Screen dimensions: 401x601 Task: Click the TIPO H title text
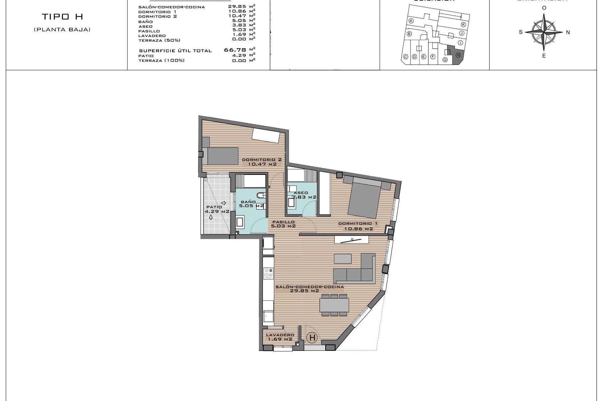coord(63,17)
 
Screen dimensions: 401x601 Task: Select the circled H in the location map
coord(458,55)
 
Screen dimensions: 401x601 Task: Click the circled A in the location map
coord(411,21)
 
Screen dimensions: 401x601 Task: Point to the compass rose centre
coord(544,32)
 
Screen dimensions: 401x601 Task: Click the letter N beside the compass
coord(568,32)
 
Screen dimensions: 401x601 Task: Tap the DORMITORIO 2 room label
coord(262,162)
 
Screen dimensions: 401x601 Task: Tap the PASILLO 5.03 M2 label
coord(283,224)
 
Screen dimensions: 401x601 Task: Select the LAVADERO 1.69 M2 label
coord(280,337)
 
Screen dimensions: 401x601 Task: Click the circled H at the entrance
coord(312,338)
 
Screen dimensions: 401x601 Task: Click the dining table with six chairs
coord(334,305)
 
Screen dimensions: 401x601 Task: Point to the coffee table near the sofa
coord(342,258)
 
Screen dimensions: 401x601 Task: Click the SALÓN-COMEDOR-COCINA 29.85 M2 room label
coord(309,289)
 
